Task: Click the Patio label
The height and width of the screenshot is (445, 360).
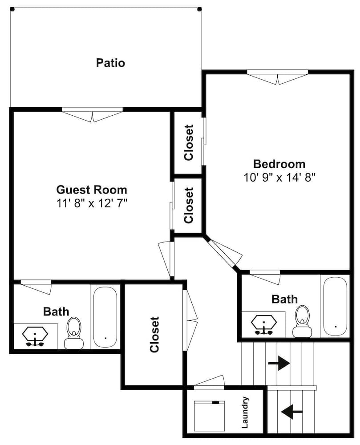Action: click(x=110, y=63)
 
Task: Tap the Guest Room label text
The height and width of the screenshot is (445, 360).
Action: click(x=91, y=190)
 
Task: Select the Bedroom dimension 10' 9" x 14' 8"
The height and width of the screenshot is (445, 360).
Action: click(x=279, y=177)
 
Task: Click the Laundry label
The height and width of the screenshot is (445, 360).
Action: click(x=245, y=413)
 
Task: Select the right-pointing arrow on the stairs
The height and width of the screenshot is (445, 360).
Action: click(x=279, y=363)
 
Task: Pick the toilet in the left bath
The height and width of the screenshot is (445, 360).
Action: click(x=73, y=333)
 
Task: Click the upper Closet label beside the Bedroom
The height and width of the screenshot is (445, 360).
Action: click(x=189, y=142)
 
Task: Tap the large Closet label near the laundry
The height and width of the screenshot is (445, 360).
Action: click(x=154, y=334)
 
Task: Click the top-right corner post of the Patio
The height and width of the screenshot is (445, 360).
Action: click(x=199, y=9)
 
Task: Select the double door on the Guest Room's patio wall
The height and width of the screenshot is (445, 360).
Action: click(x=92, y=115)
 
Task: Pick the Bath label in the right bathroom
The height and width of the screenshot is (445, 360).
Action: click(x=284, y=299)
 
